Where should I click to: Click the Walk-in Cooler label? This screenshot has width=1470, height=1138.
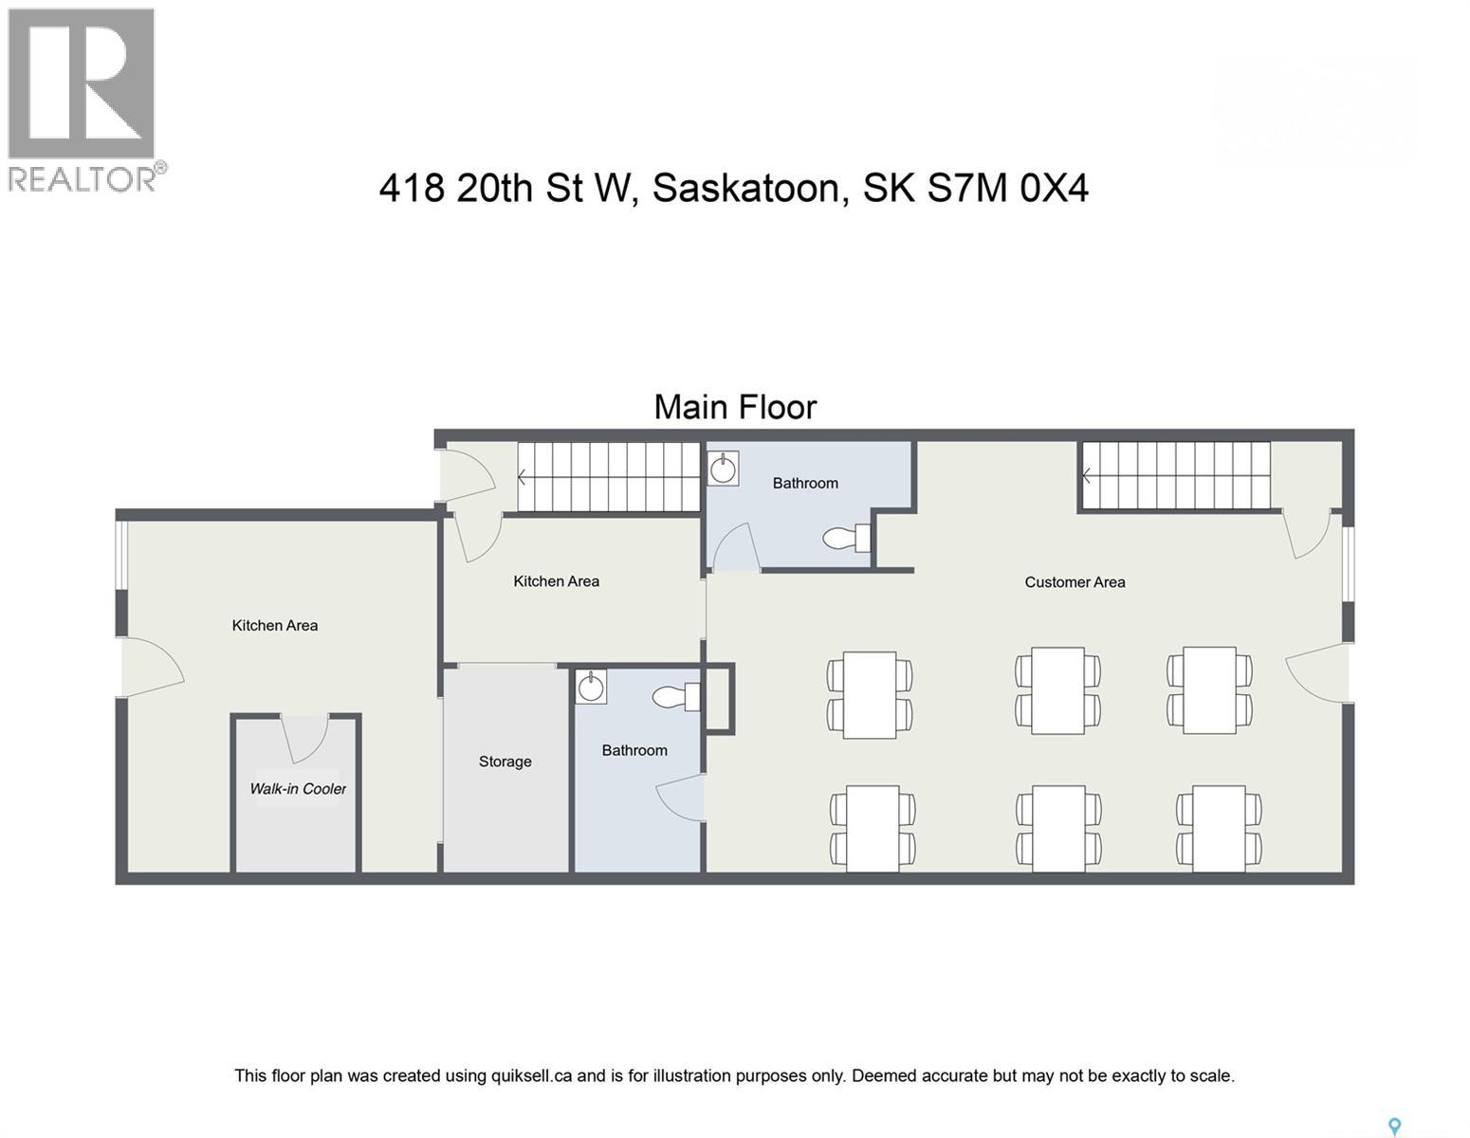[x=298, y=788]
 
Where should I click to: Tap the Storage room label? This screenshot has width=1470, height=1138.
[x=505, y=762]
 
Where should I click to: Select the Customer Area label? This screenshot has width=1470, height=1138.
[x=1075, y=582]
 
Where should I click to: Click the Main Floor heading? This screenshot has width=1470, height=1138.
[x=735, y=407]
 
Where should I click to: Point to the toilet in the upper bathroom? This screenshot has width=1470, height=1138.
[x=846, y=538]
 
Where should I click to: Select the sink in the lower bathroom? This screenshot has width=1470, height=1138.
[x=591, y=687]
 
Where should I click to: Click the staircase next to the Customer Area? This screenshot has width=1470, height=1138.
[x=1176, y=476]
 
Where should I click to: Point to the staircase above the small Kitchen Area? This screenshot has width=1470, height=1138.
[x=609, y=477]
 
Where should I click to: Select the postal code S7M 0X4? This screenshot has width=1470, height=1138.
[x=1008, y=189]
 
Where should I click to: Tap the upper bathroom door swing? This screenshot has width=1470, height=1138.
[x=735, y=545]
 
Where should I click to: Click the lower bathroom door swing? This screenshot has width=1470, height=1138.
[x=681, y=798]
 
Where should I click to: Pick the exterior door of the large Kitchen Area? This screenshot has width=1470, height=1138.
[x=152, y=667]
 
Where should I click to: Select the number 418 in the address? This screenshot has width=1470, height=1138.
[x=412, y=189]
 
